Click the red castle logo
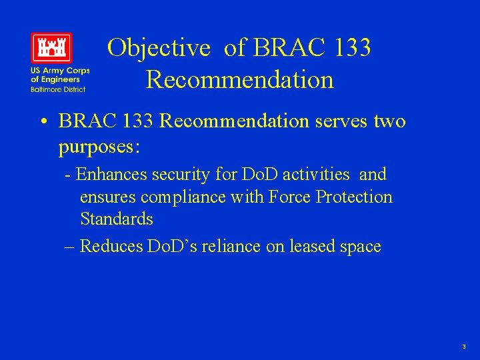[51, 47]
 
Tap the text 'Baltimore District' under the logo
[57, 89]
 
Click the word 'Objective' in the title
[159, 48]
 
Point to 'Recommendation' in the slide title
[239, 79]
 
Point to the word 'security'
[176, 175]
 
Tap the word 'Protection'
[355, 197]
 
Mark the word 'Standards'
[117, 219]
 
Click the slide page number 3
[463, 347]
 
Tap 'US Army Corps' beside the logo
[59, 71]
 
